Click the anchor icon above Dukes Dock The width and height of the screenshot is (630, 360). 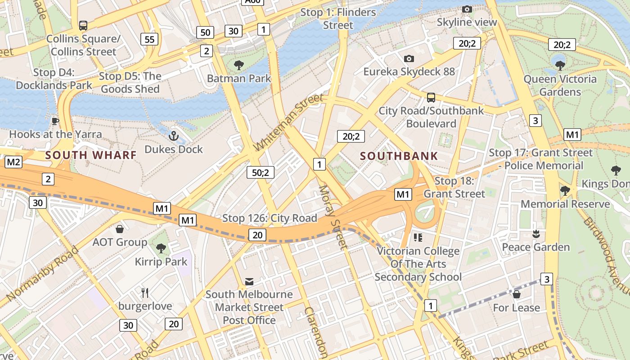173,135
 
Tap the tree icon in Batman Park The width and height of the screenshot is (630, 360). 239,65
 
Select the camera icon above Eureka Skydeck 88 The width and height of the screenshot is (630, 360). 409,58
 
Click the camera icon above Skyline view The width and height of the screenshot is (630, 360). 467,9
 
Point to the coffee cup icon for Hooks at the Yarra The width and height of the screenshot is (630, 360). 55,121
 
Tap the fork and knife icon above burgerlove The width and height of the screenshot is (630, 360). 145,293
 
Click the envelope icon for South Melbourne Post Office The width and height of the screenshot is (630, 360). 249,282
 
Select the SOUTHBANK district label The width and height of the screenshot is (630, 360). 399,156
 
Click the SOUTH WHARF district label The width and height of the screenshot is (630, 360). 91,155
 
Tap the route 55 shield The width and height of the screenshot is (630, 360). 149,39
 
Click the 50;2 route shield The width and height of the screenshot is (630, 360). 260,172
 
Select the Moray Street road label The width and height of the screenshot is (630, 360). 333,217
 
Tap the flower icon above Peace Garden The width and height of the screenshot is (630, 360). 535,234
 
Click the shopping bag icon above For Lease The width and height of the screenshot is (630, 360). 516,294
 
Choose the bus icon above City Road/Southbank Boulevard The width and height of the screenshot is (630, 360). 431,97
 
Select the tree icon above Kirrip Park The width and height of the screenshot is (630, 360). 161,248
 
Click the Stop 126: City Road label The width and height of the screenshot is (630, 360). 270,219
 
